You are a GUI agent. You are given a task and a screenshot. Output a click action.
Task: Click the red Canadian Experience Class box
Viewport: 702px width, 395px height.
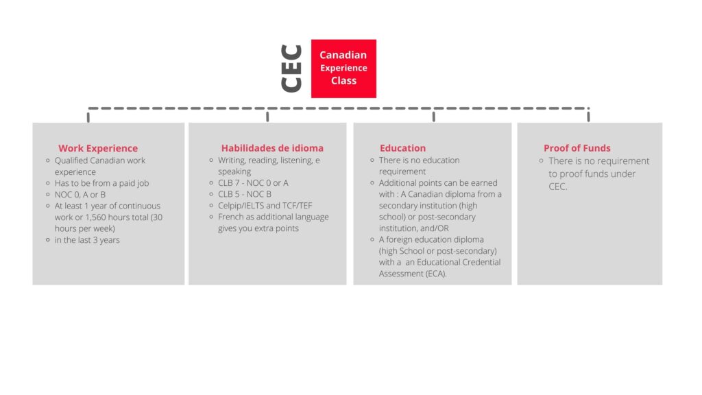(343, 69)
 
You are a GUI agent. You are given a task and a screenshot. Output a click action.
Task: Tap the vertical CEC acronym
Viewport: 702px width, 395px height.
(291, 69)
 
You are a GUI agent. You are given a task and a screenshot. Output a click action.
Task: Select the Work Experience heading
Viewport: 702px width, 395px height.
(98, 148)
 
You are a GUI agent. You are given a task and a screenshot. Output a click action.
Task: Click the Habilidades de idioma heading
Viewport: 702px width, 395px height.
(272, 148)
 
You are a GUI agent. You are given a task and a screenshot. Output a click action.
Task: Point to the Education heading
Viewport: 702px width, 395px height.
(402, 148)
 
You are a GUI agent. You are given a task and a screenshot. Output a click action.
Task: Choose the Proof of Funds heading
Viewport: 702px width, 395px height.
(577, 148)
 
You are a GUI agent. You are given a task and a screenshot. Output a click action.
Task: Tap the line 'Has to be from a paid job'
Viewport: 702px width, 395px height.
(101, 183)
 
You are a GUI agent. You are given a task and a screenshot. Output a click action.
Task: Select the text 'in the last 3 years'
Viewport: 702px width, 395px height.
(87, 240)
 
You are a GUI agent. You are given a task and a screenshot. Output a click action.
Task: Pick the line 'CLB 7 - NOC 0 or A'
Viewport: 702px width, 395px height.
(253, 182)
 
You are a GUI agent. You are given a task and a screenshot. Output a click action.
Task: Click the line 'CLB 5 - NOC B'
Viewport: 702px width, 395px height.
(245, 194)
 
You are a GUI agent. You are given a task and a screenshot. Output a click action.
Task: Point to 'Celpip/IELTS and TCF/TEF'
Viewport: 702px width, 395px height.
(265, 206)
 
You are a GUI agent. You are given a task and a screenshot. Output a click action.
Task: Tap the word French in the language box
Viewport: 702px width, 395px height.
(230, 217)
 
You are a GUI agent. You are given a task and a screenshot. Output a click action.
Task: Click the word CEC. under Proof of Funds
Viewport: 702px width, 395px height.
(558, 187)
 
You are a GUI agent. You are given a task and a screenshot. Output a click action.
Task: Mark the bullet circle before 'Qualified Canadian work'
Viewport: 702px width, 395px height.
(48, 160)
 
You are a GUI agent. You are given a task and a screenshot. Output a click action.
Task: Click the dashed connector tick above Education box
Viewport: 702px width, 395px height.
(434, 115)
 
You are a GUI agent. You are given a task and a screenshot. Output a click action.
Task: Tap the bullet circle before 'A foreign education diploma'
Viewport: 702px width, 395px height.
(372, 239)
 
